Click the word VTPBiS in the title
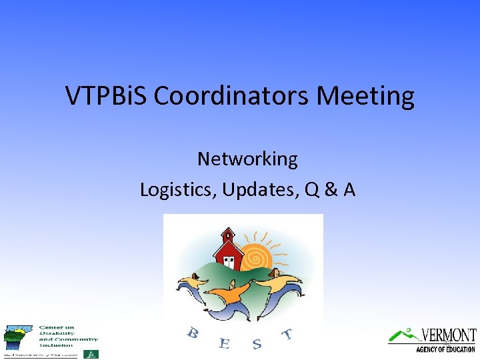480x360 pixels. click(x=107, y=96)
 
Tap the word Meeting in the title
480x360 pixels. click(x=365, y=96)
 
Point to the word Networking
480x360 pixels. click(x=247, y=159)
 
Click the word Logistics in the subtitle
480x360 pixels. click(x=178, y=189)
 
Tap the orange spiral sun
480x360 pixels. click(x=257, y=257)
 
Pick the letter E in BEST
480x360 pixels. click(x=224, y=343)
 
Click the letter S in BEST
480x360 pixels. click(x=257, y=343)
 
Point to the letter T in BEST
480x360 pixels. click(x=287, y=333)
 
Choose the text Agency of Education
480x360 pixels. click(x=445, y=349)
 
